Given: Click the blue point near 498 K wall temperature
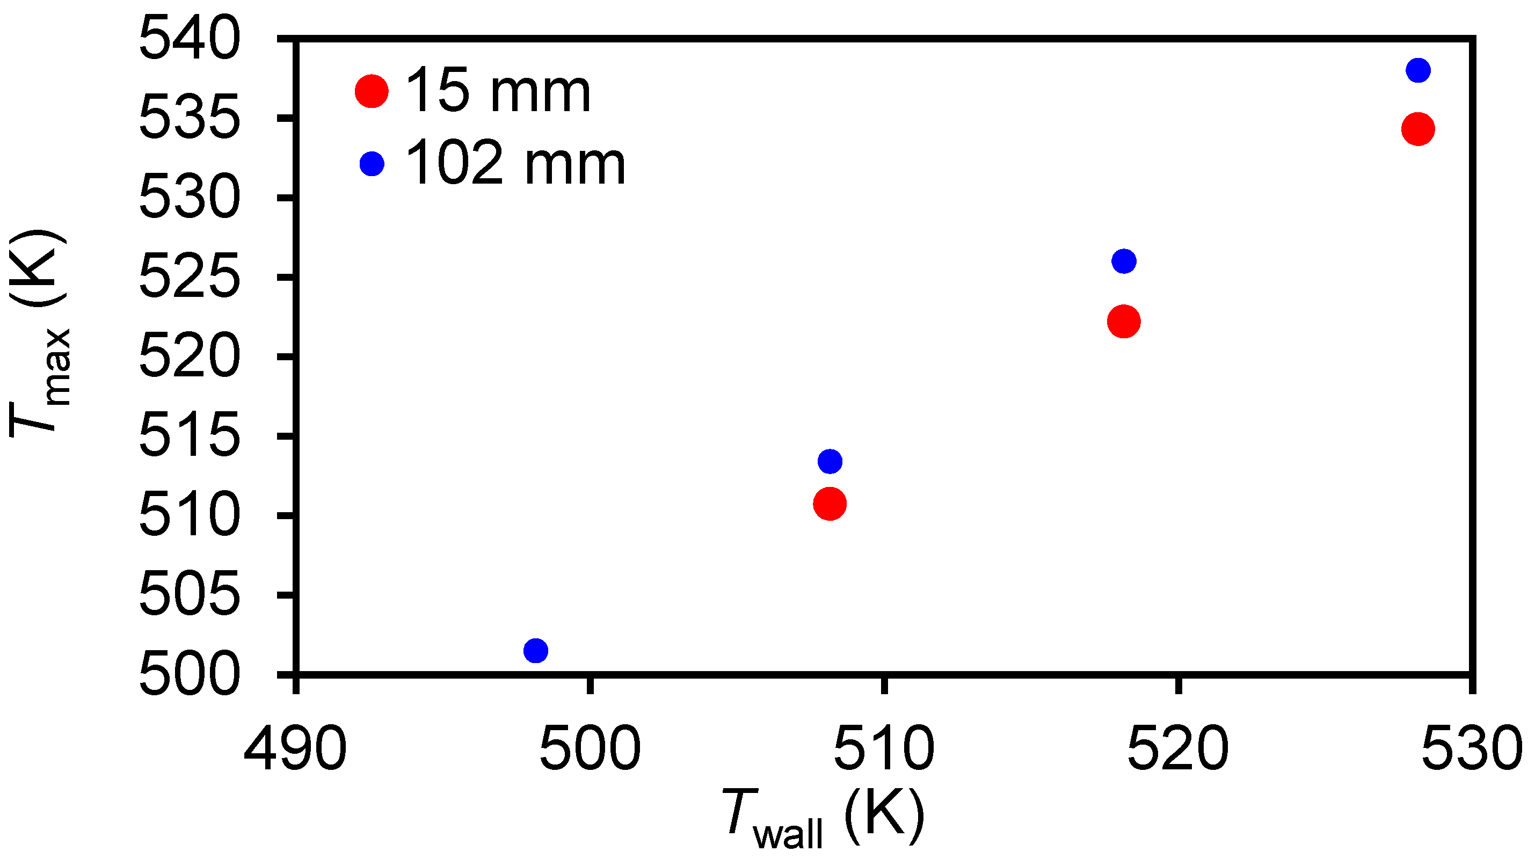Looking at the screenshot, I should pyautogui.click(x=536, y=651).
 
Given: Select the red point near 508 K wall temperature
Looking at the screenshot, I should pyautogui.click(x=830, y=504).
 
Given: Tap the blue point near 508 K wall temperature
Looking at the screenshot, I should pyautogui.click(x=830, y=461).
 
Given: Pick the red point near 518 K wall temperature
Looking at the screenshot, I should pyautogui.click(x=1124, y=322).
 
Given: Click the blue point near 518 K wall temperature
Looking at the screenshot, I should pyautogui.click(x=1124, y=261).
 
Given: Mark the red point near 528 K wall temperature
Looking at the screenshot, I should pyautogui.click(x=1417, y=129).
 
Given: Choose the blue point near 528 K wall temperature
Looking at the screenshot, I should pyautogui.click(x=1417, y=70).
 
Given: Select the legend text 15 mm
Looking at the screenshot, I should pyautogui.click(x=498, y=92).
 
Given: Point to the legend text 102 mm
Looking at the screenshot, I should pyautogui.click(x=515, y=164).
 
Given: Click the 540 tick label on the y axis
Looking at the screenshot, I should pyautogui.click(x=190, y=39).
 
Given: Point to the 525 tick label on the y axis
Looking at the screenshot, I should pyautogui.click(x=190, y=276).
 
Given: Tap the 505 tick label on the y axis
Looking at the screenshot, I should pyautogui.click(x=190, y=594).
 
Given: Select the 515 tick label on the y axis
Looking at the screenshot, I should pyautogui.click(x=190, y=435).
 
